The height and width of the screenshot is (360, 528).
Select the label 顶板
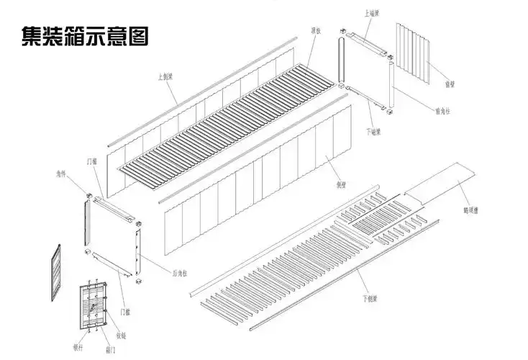(x=315, y=30)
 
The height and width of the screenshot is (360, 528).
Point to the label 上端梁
(x=373, y=12)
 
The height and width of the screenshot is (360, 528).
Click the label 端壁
(x=449, y=85)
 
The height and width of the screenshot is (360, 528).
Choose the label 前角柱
(x=442, y=111)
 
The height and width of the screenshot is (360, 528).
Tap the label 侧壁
(x=332, y=163)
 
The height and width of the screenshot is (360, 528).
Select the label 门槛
(x=125, y=311)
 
